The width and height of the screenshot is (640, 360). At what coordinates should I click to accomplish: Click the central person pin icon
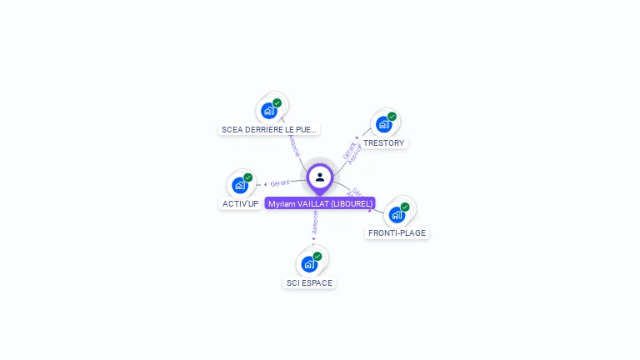click(320, 177)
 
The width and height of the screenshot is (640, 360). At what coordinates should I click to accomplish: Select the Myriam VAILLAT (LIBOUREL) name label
click(320, 203)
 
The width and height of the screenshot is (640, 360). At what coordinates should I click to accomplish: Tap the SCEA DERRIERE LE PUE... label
click(269, 129)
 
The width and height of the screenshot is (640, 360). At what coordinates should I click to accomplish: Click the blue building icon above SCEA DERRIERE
click(268, 111)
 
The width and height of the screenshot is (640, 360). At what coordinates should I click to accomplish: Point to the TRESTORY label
click(383, 142)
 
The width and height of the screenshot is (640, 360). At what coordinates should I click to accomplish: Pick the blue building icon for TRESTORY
click(383, 125)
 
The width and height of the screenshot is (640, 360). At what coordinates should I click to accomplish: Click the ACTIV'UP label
click(240, 203)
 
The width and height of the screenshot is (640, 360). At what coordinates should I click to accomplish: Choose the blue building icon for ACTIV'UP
click(239, 185)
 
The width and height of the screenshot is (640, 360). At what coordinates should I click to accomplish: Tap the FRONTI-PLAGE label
click(397, 232)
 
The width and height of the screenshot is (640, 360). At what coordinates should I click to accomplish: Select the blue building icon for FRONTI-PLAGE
click(397, 214)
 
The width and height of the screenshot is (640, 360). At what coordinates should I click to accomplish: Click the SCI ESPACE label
click(309, 282)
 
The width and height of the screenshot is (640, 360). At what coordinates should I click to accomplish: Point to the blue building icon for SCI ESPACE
click(309, 264)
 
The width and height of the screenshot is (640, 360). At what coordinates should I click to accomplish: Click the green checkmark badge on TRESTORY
click(392, 117)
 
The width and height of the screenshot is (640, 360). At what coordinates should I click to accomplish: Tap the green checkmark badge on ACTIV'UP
click(247, 177)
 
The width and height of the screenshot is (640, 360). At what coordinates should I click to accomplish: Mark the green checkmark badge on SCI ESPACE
click(317, 257)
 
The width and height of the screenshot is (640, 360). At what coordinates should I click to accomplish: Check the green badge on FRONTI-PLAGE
click(405, 207)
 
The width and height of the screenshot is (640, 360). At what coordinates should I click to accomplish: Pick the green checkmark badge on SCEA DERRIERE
click(277, 103)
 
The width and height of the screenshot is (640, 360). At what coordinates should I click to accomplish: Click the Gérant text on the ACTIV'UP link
click(280, 182)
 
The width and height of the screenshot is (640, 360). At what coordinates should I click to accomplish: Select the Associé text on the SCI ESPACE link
click(315, 221)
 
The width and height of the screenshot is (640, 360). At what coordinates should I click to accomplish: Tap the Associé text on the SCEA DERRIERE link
click(293, 143)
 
